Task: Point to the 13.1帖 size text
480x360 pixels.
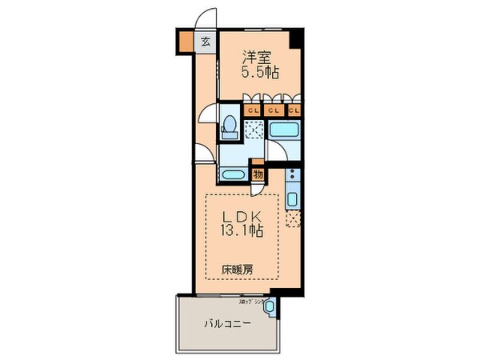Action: [241, 232]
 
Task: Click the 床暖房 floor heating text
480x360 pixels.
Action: [237, 269]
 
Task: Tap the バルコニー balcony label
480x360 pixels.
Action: [226, 324]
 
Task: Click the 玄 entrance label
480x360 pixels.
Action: [206, 41]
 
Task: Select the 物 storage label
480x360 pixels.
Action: [259, 174]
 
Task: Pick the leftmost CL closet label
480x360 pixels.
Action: [251, 110]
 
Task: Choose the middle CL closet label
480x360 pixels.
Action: [273, 110]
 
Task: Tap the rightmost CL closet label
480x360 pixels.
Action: [294, 110]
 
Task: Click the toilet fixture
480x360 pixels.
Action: [230, 126]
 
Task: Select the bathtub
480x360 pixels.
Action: [284, 131]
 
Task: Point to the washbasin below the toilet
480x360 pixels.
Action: [234, 174]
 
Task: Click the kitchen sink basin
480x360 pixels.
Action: [292, 198]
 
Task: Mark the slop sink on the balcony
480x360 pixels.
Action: [269, 305]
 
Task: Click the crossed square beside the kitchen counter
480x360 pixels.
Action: [292, 218]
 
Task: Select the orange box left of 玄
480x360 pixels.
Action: [186, 41]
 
